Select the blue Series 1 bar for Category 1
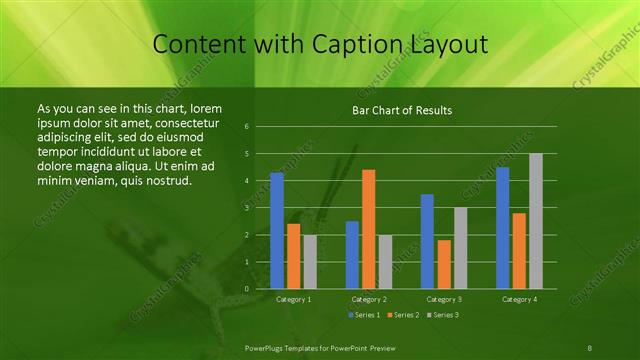(277, 230)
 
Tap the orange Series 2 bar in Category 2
(368, 229)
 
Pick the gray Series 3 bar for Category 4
(535, 221)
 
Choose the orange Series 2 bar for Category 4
(519, 250)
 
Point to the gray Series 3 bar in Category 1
(309, 261)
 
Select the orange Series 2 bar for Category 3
(443, 264)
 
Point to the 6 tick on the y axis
(246, 127)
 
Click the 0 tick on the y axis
(246, 288)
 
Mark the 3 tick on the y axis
(246, 208)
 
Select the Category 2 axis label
(368, 299)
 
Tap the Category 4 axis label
(519, 299)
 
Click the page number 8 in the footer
(590, 346)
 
